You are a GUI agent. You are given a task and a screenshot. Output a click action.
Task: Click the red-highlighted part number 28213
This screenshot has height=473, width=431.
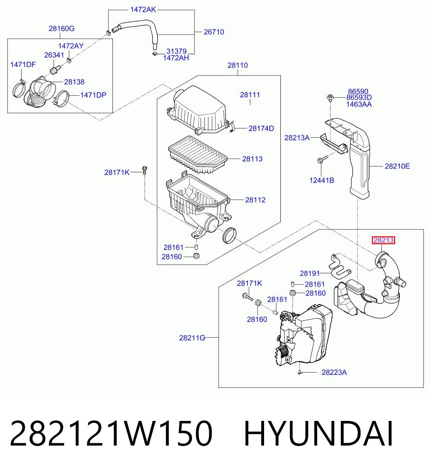(x=384, y=240)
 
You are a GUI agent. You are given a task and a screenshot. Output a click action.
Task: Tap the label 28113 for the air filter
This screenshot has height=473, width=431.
(x=252, y=159)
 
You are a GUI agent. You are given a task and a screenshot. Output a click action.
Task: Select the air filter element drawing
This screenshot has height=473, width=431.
(x=198, y=154)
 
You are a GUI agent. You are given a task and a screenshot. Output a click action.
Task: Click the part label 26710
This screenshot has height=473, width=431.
(x=214, y=32)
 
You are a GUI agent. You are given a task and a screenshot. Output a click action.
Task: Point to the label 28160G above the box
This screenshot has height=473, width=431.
(x=61, y=28)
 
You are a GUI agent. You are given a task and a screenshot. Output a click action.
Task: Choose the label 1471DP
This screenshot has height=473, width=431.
(x=93, y=95)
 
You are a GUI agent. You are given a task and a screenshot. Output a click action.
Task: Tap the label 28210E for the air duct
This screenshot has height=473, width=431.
(x=397, y=166)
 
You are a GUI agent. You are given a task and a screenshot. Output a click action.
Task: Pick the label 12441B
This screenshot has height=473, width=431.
(x=322, y=180)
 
